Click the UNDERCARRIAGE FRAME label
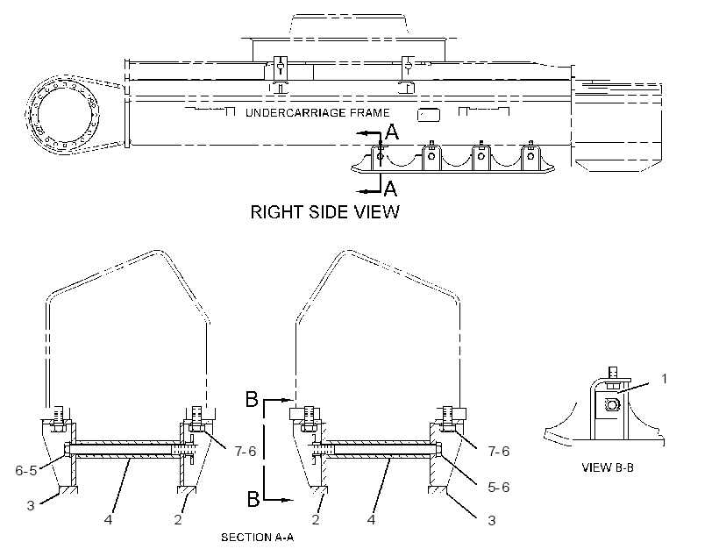(x=317, y=113)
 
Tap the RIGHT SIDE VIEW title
(x=325, y=212)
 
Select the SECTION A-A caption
(x=257, y=538)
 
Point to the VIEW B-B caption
(x=608, y=467)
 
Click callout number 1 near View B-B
(x=664, y=379)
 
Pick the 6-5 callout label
(x=26, y=470)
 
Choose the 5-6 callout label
(x=499, y=487)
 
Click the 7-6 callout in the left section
(x=246, y=452)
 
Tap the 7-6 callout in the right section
(x=499, y=452)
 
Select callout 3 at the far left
(x=31, y=505)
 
